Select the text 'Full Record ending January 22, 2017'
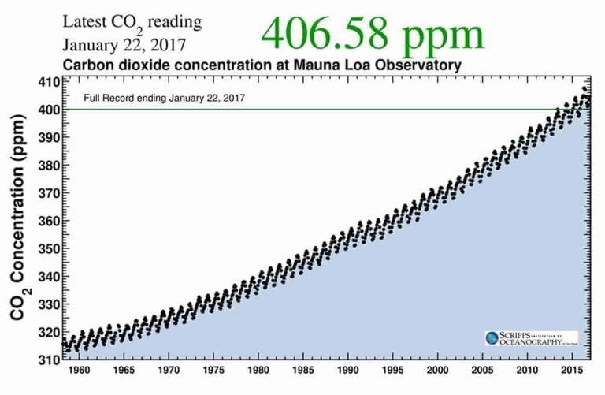point(165,99)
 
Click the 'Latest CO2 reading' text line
point(132,20)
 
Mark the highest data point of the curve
point(585,88)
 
